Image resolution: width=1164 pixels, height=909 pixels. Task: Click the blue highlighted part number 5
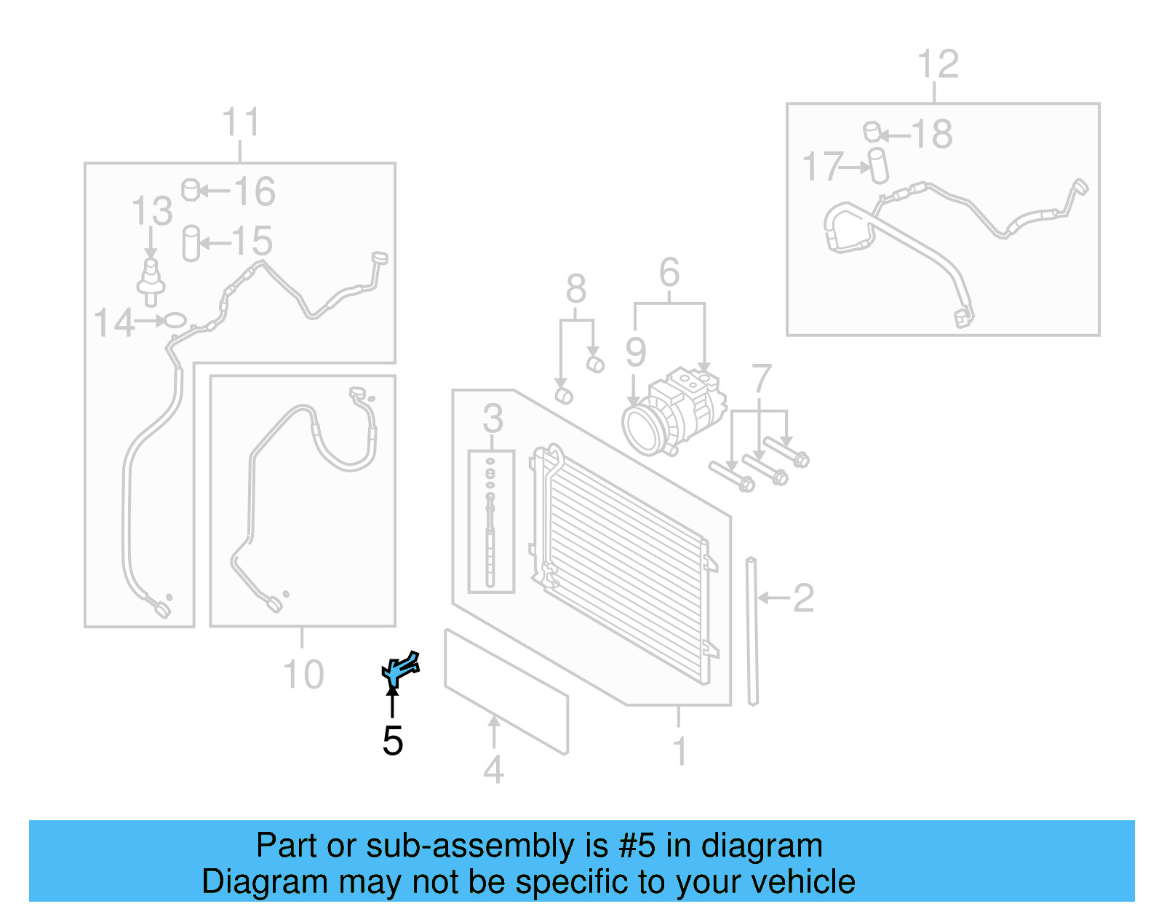tap(399, 668)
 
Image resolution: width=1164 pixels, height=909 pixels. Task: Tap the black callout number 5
tap(392, 740)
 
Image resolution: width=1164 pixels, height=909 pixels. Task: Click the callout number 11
tap(240, 122)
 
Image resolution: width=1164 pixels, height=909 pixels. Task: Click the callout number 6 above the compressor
tap(669, 273)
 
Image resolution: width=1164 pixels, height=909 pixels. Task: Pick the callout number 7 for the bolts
tap(761, 379)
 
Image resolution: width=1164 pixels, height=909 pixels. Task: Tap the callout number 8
tap(575, 290)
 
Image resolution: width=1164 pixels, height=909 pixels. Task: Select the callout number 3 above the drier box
tap(493, 418)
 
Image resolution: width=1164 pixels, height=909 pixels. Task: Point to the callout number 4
tap(493, 770)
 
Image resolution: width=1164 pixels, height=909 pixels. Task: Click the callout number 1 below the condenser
tap(679, 752)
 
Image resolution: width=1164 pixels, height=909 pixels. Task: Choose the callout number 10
tap(303, 675)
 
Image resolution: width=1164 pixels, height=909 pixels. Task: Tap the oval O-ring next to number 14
tap(175, 319)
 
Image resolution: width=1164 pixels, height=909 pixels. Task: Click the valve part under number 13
tap(151, 280)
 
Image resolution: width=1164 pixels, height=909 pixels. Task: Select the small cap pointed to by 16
tap(191, 190)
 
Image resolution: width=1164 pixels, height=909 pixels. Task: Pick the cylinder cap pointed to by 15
tap(191, 243)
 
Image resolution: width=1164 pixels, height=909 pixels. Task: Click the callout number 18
tap(931, 134)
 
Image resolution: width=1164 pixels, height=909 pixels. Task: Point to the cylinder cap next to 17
tap(879, 166)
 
